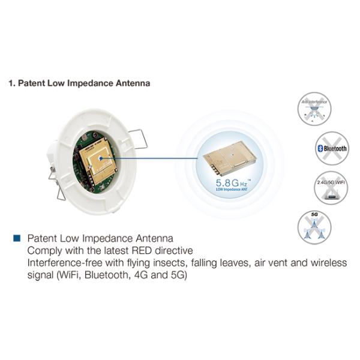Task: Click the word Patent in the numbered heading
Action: point(30,83)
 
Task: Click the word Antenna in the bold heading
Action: point(131,83)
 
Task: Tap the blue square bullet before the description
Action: point(17,238)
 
